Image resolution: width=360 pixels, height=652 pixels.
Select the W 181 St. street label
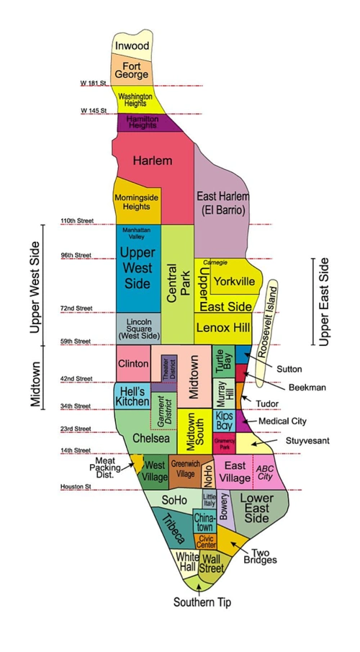[94, 84]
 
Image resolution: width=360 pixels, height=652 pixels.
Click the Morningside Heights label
[137, 202]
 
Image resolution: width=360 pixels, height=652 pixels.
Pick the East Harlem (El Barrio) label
[222, 202]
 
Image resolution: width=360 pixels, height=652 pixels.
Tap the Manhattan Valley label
[137, 233]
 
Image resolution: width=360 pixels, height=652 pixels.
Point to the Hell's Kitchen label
[132, 396]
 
